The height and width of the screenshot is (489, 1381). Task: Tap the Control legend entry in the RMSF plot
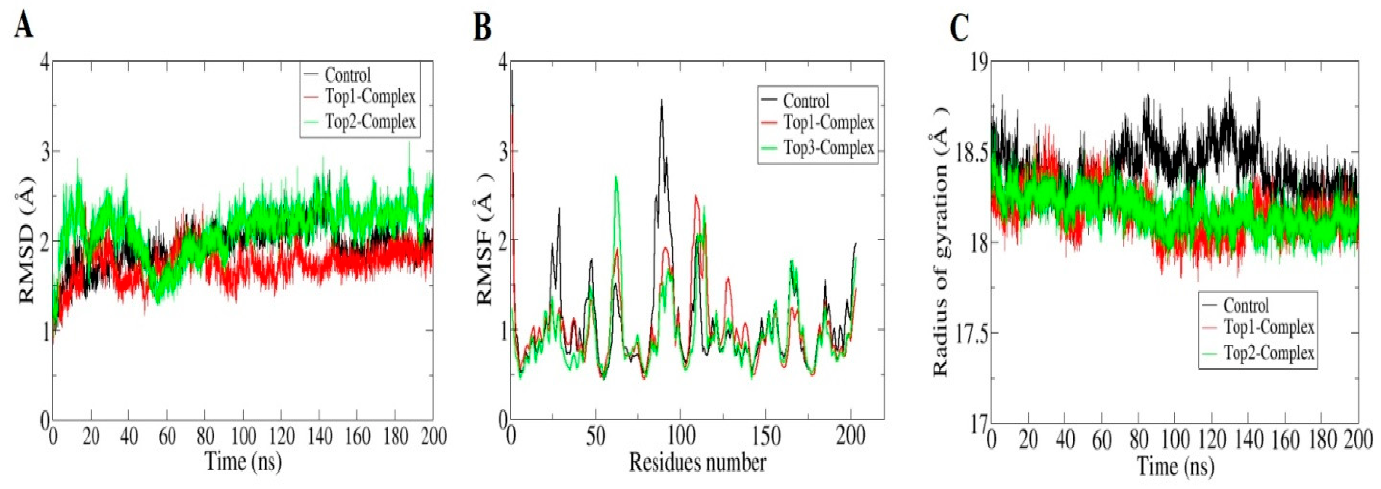806,101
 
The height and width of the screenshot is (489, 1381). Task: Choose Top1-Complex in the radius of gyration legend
1268,327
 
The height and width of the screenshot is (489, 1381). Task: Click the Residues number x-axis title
698,462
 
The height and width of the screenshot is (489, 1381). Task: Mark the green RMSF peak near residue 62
617,177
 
